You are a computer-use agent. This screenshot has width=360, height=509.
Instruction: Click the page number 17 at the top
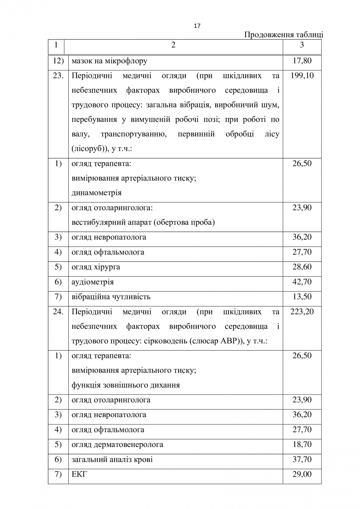(x=197, y=26)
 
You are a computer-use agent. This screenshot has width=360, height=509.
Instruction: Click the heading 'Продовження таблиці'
(x=283, y=35)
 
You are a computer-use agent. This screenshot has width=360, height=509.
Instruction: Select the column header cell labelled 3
(x=302, y=45)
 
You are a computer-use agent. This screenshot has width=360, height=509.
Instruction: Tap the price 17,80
(x=302, y=61)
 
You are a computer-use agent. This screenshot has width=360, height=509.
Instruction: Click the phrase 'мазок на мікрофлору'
(x=109, y=61)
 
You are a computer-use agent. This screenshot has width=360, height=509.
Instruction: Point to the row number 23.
(x=58, y=76)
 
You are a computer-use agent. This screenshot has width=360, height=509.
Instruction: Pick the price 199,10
(x=302, y=76)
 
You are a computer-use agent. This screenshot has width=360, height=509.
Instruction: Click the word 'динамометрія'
(x=97, y=193)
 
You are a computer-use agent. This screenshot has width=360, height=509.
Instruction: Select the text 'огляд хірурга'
(x=96, y=267)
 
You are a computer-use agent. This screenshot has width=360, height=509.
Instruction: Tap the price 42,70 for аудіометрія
(x=302, y=282)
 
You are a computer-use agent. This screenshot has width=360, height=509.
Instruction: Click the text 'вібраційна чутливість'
(x=111, y=297)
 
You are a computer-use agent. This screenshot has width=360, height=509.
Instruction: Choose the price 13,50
(x=302, y=297)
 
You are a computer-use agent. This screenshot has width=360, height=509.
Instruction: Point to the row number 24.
(x=58, y=312)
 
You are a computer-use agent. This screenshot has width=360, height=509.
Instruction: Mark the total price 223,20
(x=302, y=312)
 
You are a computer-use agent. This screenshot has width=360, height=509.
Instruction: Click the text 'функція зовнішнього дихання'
(x=126, y=385)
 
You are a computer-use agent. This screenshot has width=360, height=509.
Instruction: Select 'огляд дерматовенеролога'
(x=117, y=445)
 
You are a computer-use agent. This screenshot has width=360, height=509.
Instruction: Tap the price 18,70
(x=302, y=444)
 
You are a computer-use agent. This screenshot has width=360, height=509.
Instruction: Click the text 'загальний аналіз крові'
(x=112, y=460)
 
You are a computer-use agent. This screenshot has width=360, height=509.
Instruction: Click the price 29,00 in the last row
(x=302, y=474)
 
